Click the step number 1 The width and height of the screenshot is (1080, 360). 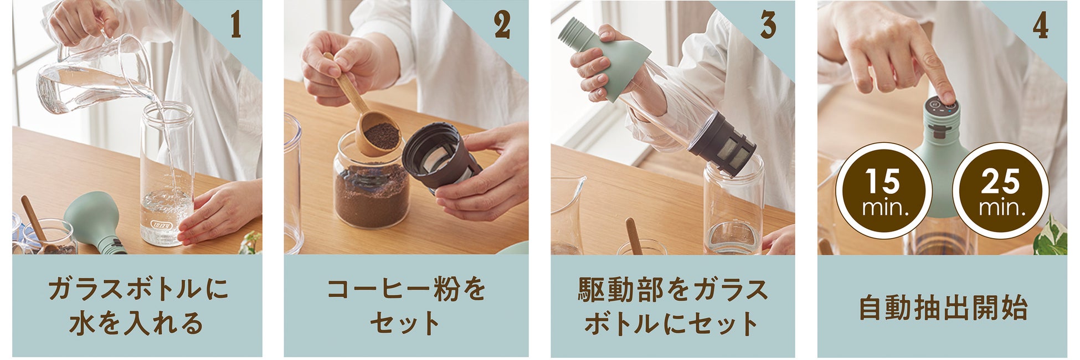(x=236, y=25)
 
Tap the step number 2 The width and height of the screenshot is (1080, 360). (x=502, y=25)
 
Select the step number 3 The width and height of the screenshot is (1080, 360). (x=768, y=25)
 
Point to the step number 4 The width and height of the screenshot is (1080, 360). (x=1041, y=25)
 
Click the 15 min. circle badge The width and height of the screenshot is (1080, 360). (x=883, y=191)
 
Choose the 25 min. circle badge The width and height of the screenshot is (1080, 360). (x=1000, y=191)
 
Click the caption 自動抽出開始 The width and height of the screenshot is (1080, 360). (x=943, y=308)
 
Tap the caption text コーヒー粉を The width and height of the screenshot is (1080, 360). (x=406, y=289)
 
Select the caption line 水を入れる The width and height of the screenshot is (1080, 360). (x=136, y=323)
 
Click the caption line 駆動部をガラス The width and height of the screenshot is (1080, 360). (x=673, y=289)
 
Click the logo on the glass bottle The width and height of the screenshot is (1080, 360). (x=158, y=225)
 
